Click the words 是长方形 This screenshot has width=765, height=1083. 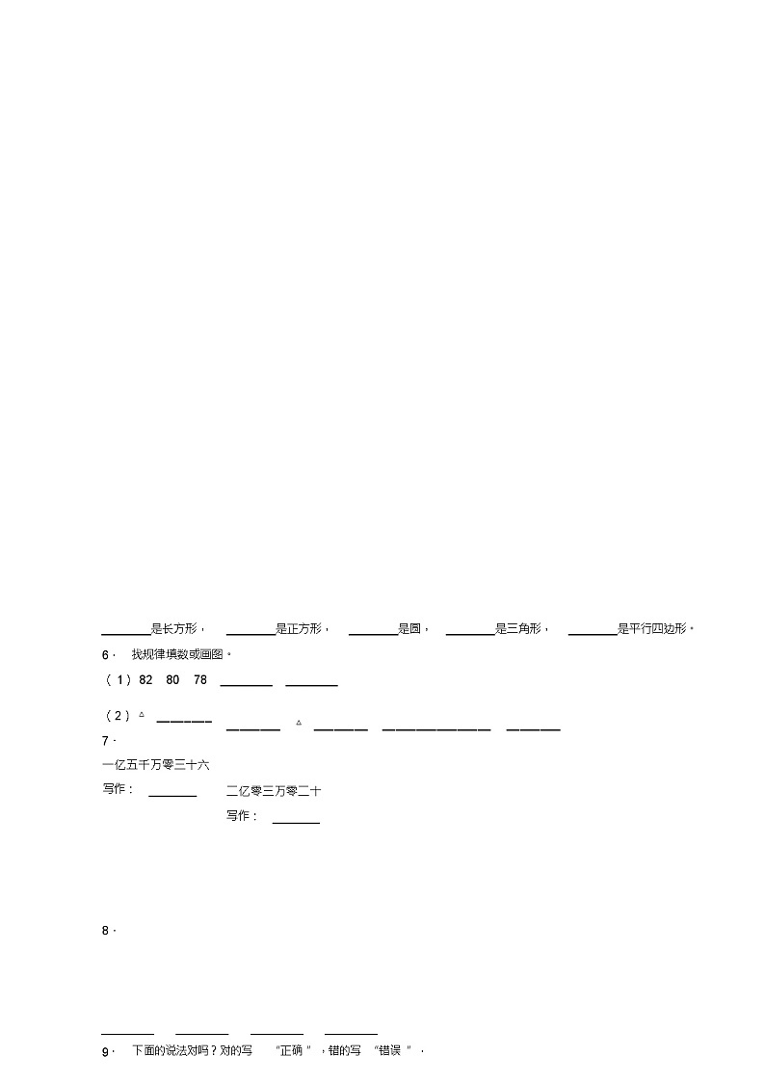(174, 629)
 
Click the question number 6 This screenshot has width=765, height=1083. (106, 655)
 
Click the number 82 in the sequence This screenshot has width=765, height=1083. (146, 680)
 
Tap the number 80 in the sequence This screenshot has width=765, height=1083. (173, 680)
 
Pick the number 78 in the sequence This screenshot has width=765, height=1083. (200, 680)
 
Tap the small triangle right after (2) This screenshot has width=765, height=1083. (142, 715)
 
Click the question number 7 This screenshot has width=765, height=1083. (106, 741)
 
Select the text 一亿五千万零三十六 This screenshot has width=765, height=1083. (155, 765)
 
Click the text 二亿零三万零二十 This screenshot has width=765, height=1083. (274, 791)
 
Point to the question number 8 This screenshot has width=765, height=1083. (106, 931)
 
